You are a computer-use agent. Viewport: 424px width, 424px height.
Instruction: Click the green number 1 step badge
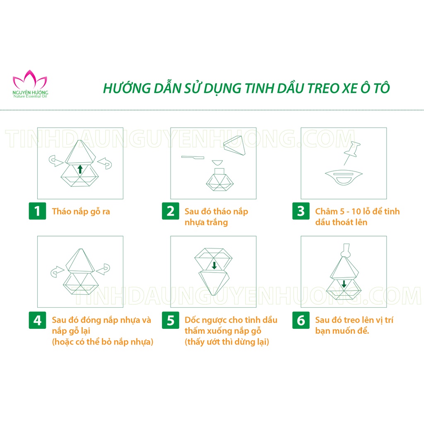[x=37, y=212]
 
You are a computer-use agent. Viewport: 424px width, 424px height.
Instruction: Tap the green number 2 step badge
[x=170, y=212]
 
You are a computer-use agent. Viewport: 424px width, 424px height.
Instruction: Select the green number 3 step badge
[x=301, y=212]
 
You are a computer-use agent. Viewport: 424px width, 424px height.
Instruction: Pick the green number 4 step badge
[x=37, y=320]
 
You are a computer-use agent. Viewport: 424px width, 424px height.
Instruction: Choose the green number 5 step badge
[x=170, y=320]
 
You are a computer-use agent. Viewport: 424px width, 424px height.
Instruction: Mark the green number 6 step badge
[x=301, y=320]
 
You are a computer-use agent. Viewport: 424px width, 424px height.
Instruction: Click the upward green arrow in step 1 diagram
[x=80, y=169]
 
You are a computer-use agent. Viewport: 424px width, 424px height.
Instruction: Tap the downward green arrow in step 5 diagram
[x=214, y=265]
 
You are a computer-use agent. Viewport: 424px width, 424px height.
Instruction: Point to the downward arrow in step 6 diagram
[x=344, y=284]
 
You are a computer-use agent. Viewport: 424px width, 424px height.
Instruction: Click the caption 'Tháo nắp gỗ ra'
[x=81, y=212]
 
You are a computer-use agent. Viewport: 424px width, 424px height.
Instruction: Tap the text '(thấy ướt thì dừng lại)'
[x=227, y=342]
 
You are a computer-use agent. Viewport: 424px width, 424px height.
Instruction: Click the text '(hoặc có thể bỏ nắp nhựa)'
[x=102, y=342]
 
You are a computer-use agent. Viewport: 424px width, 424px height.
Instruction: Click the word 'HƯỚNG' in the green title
[x=123, y=89]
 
